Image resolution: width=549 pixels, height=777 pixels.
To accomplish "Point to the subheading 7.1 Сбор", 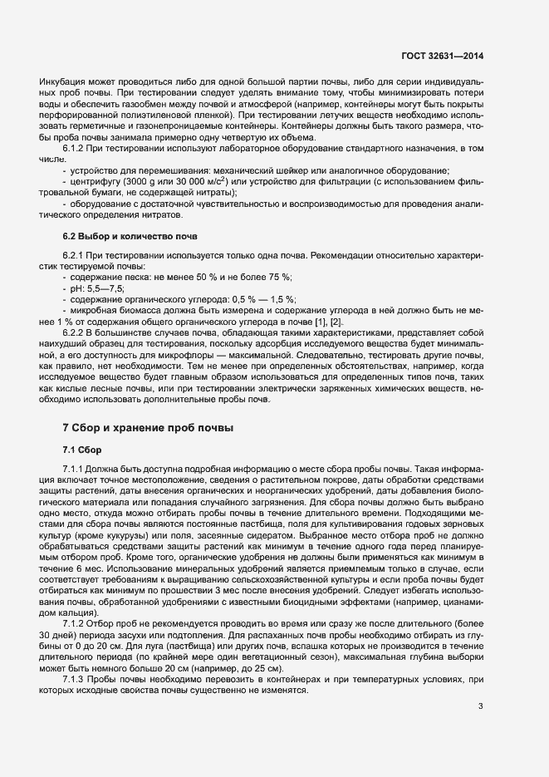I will tap(81, 450).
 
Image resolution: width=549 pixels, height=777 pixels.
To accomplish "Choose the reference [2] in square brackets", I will tap(336, 322).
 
